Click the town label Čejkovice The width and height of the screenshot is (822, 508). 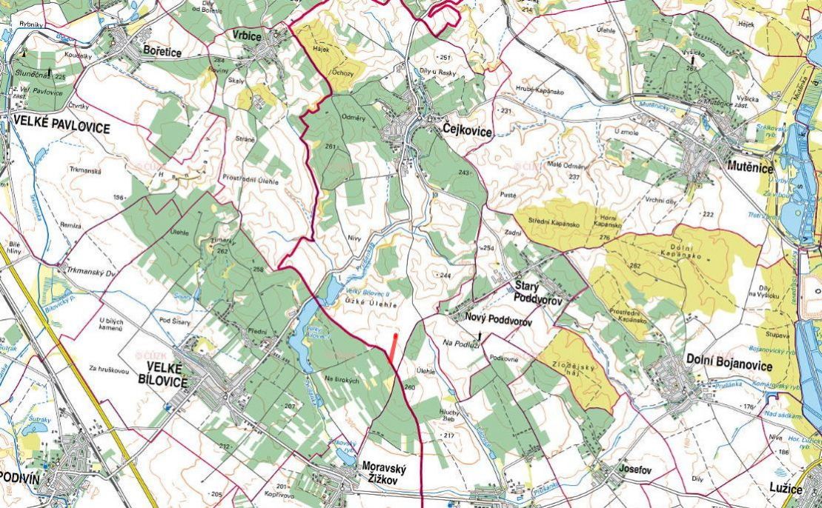tap(467, 131)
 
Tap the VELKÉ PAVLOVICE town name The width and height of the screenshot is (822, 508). tap(61, 128)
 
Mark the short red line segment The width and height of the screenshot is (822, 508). tap(394, 348)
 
